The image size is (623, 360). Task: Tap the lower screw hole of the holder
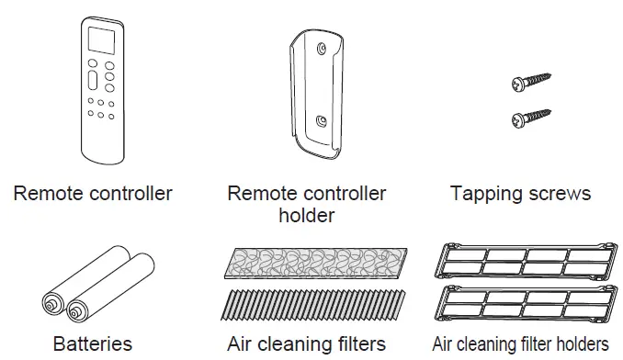click(x=319, y=120)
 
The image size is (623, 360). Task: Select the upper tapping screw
click(x=530, y=82)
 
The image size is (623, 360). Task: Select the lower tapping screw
click(x=530, y=117)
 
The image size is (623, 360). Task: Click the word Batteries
click(x=92, y=345)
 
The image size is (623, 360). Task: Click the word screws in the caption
click(x=557, y=195)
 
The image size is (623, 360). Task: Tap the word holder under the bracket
click(x=306, y=217)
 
